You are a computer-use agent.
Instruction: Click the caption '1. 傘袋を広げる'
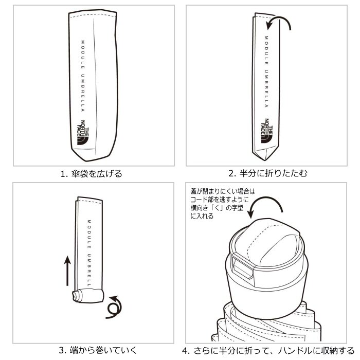(92, 174)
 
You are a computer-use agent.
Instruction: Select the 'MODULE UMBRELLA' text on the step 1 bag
(82, 77)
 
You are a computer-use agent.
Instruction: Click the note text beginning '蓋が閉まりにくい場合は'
(222, 204)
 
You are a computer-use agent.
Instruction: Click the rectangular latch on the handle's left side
(241, 264)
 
